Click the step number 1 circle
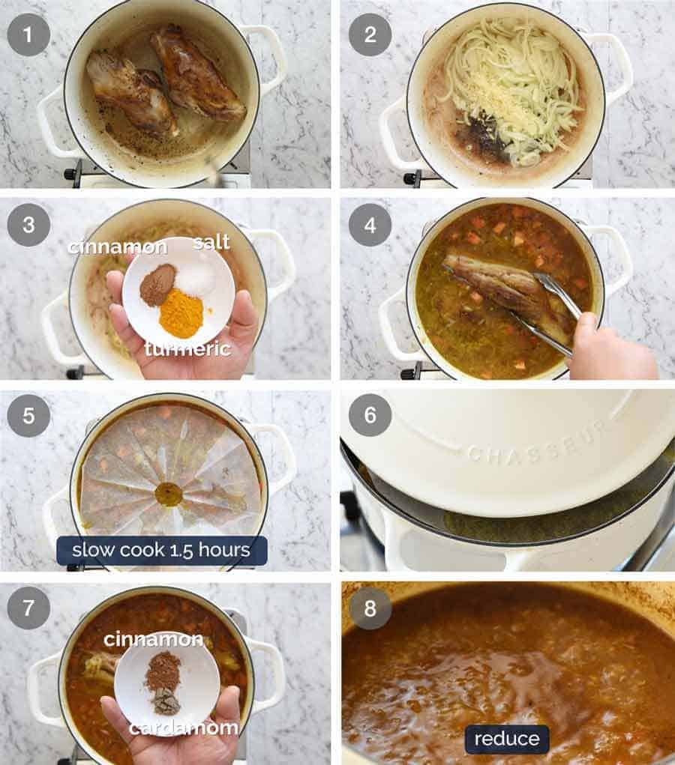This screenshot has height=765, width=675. point(28,34)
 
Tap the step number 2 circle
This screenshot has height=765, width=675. point(370,34)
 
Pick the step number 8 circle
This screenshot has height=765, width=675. point(370,607)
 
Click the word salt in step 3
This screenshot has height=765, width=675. point(211,241)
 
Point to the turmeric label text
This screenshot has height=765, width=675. point(187,348)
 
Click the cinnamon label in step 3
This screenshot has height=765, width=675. point(118,247)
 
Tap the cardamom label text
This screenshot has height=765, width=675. point(183,728)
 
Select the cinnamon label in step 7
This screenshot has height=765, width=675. point(153,639)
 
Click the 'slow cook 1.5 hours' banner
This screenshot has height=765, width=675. point(162,550)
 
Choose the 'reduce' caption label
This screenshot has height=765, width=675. point(506,739)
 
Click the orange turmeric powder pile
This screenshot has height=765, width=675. point(181,314)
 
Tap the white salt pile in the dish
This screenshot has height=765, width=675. point(196,279)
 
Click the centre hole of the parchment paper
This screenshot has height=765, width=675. point(169,494)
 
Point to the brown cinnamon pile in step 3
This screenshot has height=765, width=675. point(157,285)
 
